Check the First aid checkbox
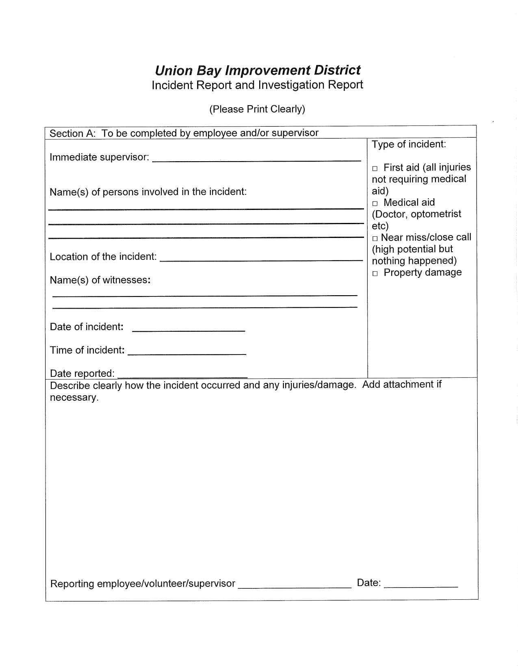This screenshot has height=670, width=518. [375, 169]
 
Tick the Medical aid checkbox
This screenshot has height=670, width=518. [375, 203]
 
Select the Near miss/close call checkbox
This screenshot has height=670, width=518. [375, 238]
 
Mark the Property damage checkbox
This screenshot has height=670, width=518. [375, 274]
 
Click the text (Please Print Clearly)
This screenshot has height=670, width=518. [257, 109]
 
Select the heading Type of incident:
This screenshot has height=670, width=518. [409, 144]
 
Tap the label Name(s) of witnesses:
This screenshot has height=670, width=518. [100, 280]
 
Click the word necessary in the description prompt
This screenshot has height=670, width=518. [74, 398]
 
